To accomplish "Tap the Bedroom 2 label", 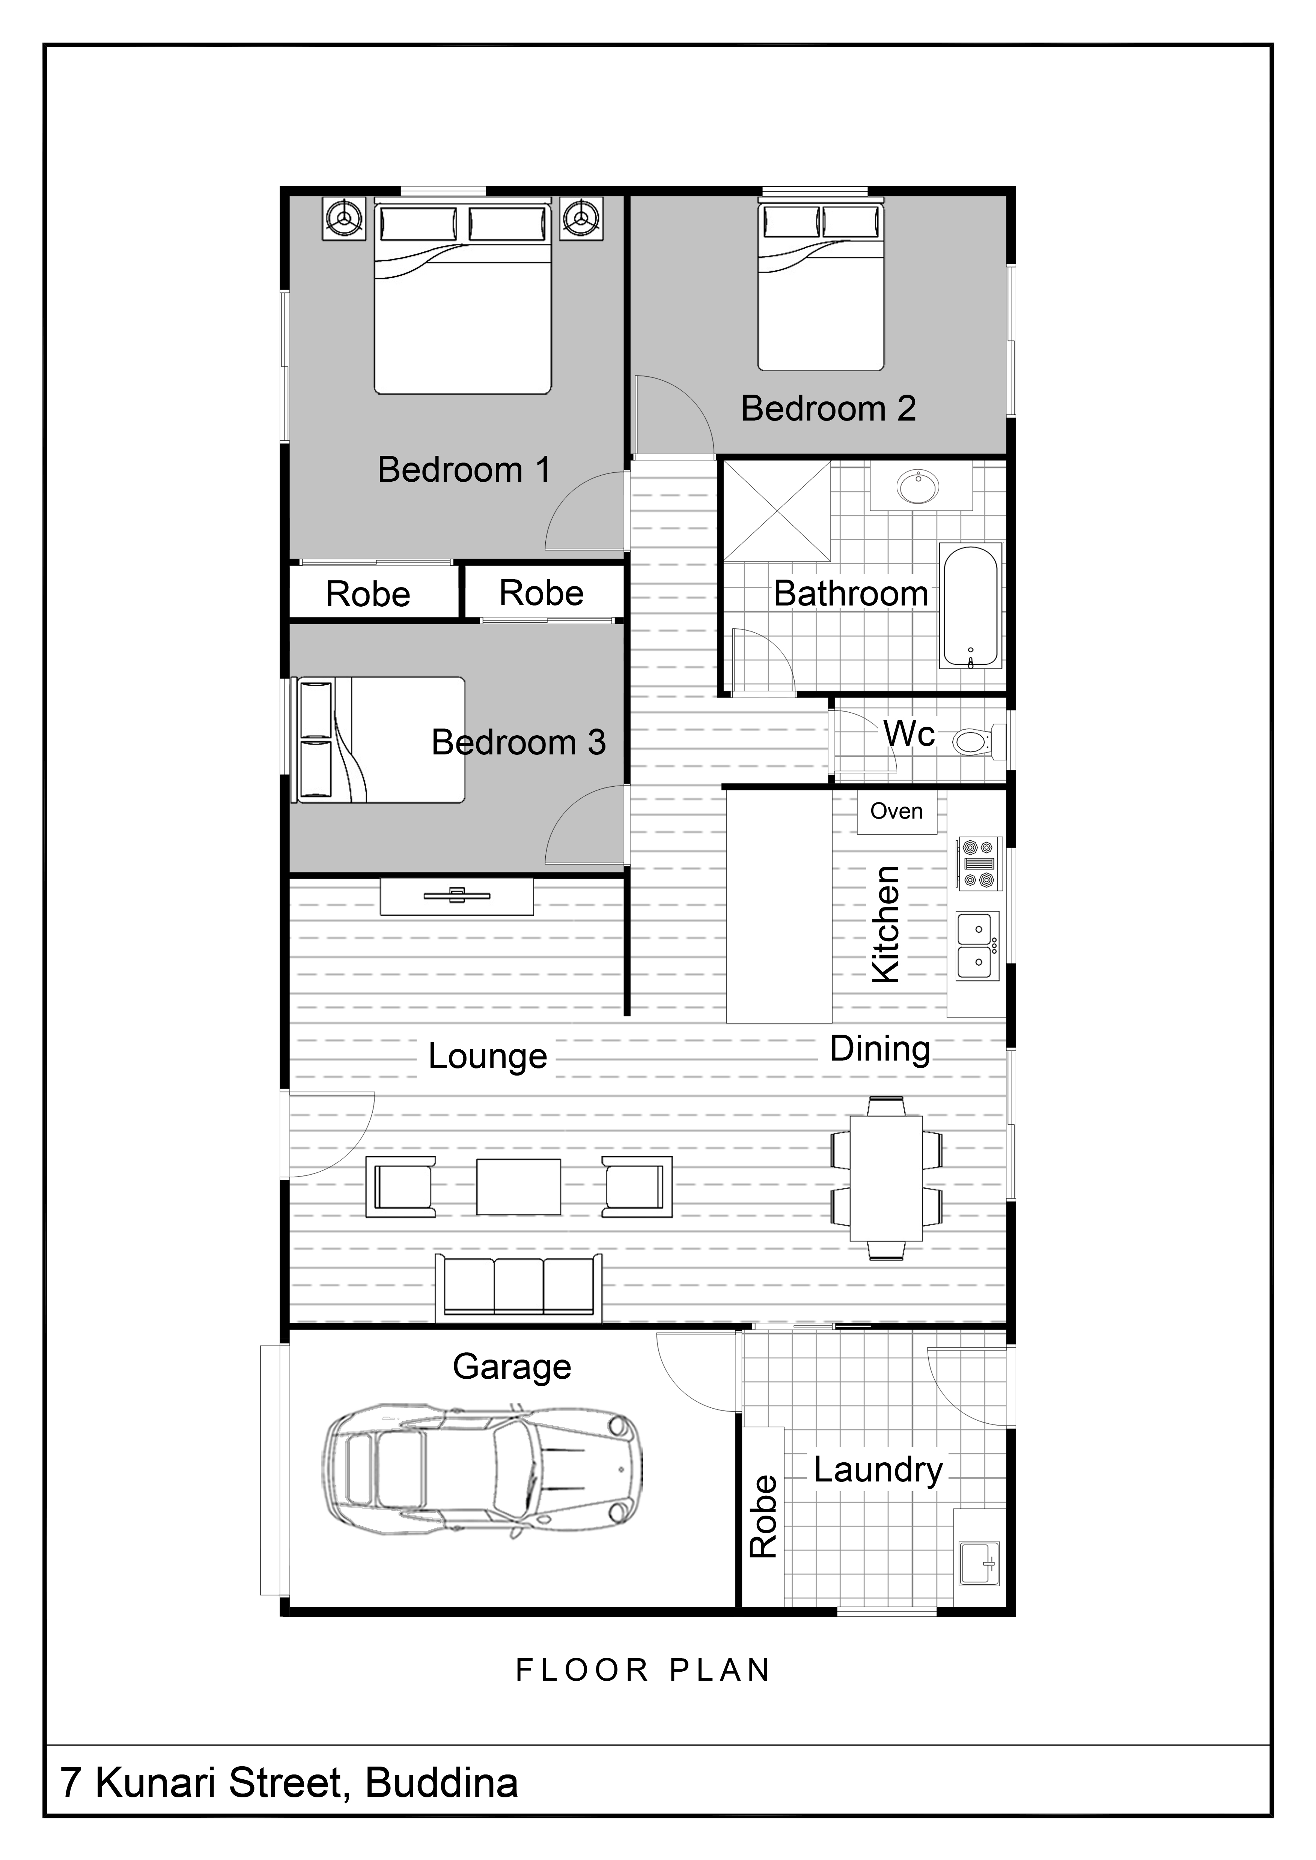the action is (x=828, y=408).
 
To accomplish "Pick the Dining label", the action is (x=880, y=1049).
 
